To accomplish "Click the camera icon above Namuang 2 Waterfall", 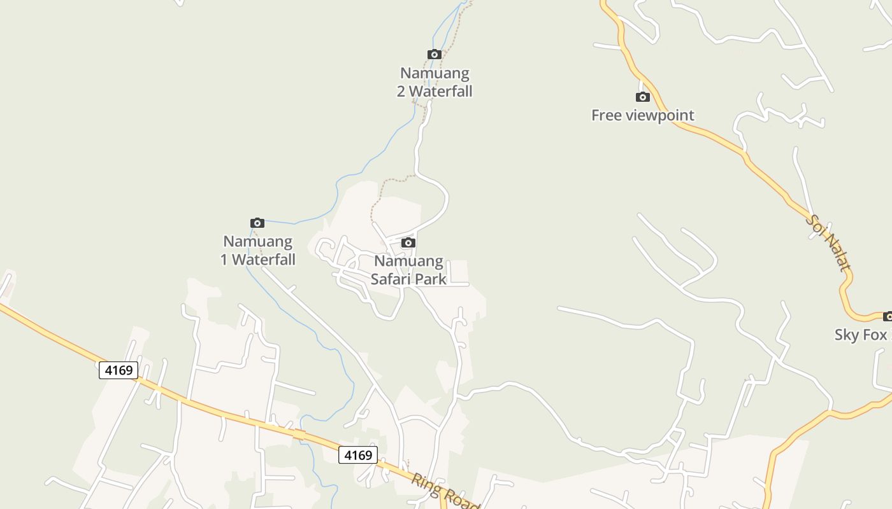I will pyautogui.click(x=434, y=55).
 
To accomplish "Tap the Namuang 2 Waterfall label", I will pyautogui.click(x=435, y=82).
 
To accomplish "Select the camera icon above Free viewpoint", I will pyautogui.click(x=642, y=97).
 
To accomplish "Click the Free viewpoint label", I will pyautogui.click(x=642, y=115).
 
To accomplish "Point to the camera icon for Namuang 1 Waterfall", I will pyautogui.click(x=257, y=223).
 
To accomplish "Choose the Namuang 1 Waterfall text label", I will pyautogui.click(x=258, y=250).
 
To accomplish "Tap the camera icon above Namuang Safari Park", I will pyautogui.click(x=408, y=242).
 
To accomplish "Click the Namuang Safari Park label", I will pyautogui.click(x=408, y=270).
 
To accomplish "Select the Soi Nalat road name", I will pyautogui.click(x=828, y=243).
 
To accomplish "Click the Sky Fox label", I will pyautogui.click(x=861, y=335).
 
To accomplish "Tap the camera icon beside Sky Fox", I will pyautogui.click(x=888, y=316).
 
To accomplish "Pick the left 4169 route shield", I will pyautogui.click(x=119, y=370).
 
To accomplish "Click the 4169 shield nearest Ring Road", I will pyautogui.click(x=357, y=455).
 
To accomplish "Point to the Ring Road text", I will pyautogui.click(x=445, y=492).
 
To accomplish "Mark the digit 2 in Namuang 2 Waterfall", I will pyautogui.click(x=401, y=92).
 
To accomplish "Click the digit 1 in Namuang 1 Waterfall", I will pyautogui.click(x=224, y=260).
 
